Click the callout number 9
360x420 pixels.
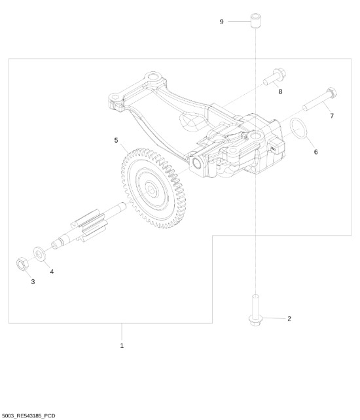click(x=222, y=22)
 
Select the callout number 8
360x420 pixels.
click(x=280, y=92)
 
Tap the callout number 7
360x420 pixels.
click(x=332, y=116)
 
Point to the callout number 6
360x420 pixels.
click(x=315, y=152)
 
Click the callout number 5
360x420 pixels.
click(x=116, y=140)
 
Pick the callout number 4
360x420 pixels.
click(x=52, y=271)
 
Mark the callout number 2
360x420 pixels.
click(x=289, y=319)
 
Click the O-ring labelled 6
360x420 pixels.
click(x=298, y=129)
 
